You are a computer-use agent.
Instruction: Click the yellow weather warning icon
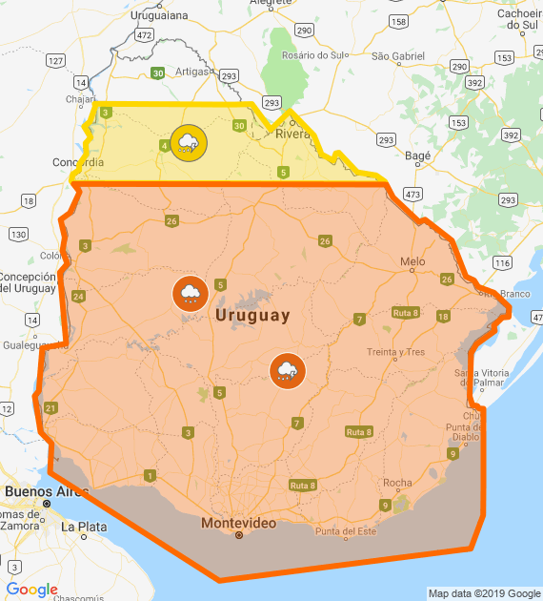coord(189,143)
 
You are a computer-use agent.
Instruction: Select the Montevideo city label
coord(238,524)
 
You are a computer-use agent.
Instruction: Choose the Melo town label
coord(412,261)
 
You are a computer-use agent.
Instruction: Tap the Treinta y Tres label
coord(395,352)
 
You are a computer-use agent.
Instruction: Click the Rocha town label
coord(397,484)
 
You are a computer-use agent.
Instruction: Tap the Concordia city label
coord(78,161)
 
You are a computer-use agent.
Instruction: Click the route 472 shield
coord(144,35)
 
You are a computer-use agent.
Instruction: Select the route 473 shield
coord(413,195)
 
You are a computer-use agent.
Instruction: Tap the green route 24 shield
coord(78,297)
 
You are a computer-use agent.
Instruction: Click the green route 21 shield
coord(50,408)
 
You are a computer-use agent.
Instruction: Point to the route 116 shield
coord(503,262)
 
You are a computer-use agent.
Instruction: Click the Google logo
coord(31,590)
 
